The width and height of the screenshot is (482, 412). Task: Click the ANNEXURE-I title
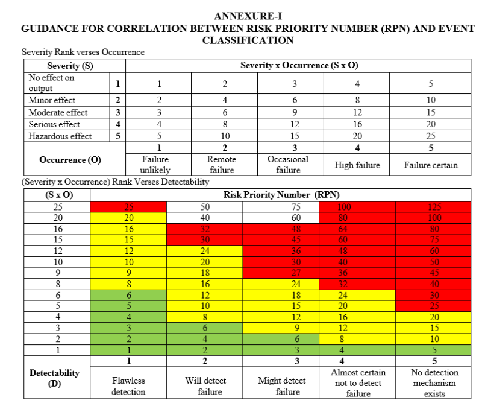[248, 16]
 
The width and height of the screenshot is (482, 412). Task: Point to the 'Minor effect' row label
[52, 100]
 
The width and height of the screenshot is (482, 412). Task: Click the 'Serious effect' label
[54, 124]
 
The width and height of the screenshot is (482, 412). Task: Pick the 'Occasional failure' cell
[288, 165]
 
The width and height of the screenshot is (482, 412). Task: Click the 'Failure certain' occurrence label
[431, 165]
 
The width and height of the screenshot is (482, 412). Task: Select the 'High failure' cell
[357, 165]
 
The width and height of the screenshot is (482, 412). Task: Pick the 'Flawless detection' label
[128, 386]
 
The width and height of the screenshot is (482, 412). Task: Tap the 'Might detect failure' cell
[282, 386]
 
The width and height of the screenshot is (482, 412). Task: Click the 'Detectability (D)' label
[55, 378]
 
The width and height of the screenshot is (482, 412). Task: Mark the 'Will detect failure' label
[205, 386]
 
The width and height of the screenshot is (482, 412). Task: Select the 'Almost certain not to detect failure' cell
[358, 383]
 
